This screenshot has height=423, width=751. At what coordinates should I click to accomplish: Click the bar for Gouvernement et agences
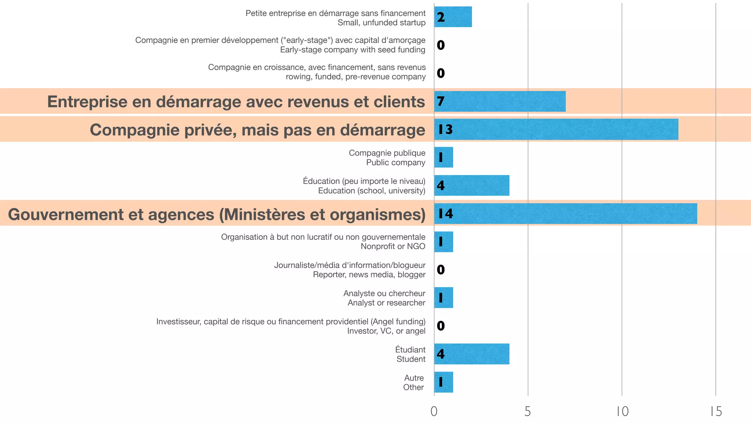565,213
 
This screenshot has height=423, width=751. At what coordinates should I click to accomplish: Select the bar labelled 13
556,129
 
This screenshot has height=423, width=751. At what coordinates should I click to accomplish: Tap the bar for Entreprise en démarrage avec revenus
500,101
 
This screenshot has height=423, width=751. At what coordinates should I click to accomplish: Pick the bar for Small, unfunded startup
453,17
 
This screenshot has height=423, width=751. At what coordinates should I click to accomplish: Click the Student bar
472,354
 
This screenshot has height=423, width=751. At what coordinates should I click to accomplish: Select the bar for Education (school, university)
472,185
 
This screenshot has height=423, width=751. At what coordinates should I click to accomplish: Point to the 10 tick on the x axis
622,412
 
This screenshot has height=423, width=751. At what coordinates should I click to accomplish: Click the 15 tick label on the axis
716,412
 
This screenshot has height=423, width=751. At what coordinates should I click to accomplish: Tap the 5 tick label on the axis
528,412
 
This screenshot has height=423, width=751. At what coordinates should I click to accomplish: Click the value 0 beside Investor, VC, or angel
441,326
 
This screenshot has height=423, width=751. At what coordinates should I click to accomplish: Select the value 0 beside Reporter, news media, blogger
441,270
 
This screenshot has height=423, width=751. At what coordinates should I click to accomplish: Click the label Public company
396,162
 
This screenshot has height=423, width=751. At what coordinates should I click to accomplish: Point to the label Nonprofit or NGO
393,246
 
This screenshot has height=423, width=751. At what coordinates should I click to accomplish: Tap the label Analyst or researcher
386,303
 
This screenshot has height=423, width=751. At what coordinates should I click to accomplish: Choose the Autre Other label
414,383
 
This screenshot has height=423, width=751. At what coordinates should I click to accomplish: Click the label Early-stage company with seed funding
352,50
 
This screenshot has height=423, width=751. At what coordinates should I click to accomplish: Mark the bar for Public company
444,158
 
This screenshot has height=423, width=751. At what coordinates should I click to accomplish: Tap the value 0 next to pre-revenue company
441,73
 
